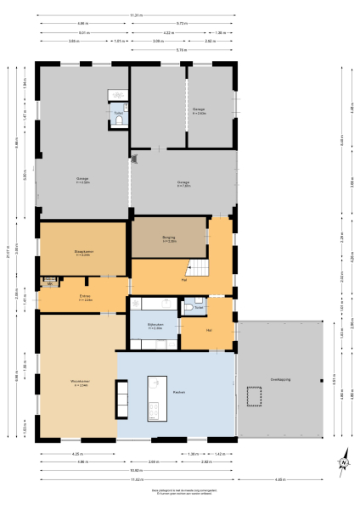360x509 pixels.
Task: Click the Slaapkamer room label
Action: coord(82,253)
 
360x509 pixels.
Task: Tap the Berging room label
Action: coord(168,238)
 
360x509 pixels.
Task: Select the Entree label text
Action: coord(85,299)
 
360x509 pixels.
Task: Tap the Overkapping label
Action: coord(280,379)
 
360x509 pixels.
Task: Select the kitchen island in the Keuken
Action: coord(156,396)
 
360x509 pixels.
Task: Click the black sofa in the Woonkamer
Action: coord(123,398)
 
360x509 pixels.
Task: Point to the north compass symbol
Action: coord(345,462)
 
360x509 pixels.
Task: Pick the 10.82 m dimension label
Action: coord(135,470)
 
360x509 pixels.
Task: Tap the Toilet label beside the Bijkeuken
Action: coord(198,307)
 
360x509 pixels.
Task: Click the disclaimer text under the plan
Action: coord(179,492)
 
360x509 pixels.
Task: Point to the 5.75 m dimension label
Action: coord(181,50)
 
